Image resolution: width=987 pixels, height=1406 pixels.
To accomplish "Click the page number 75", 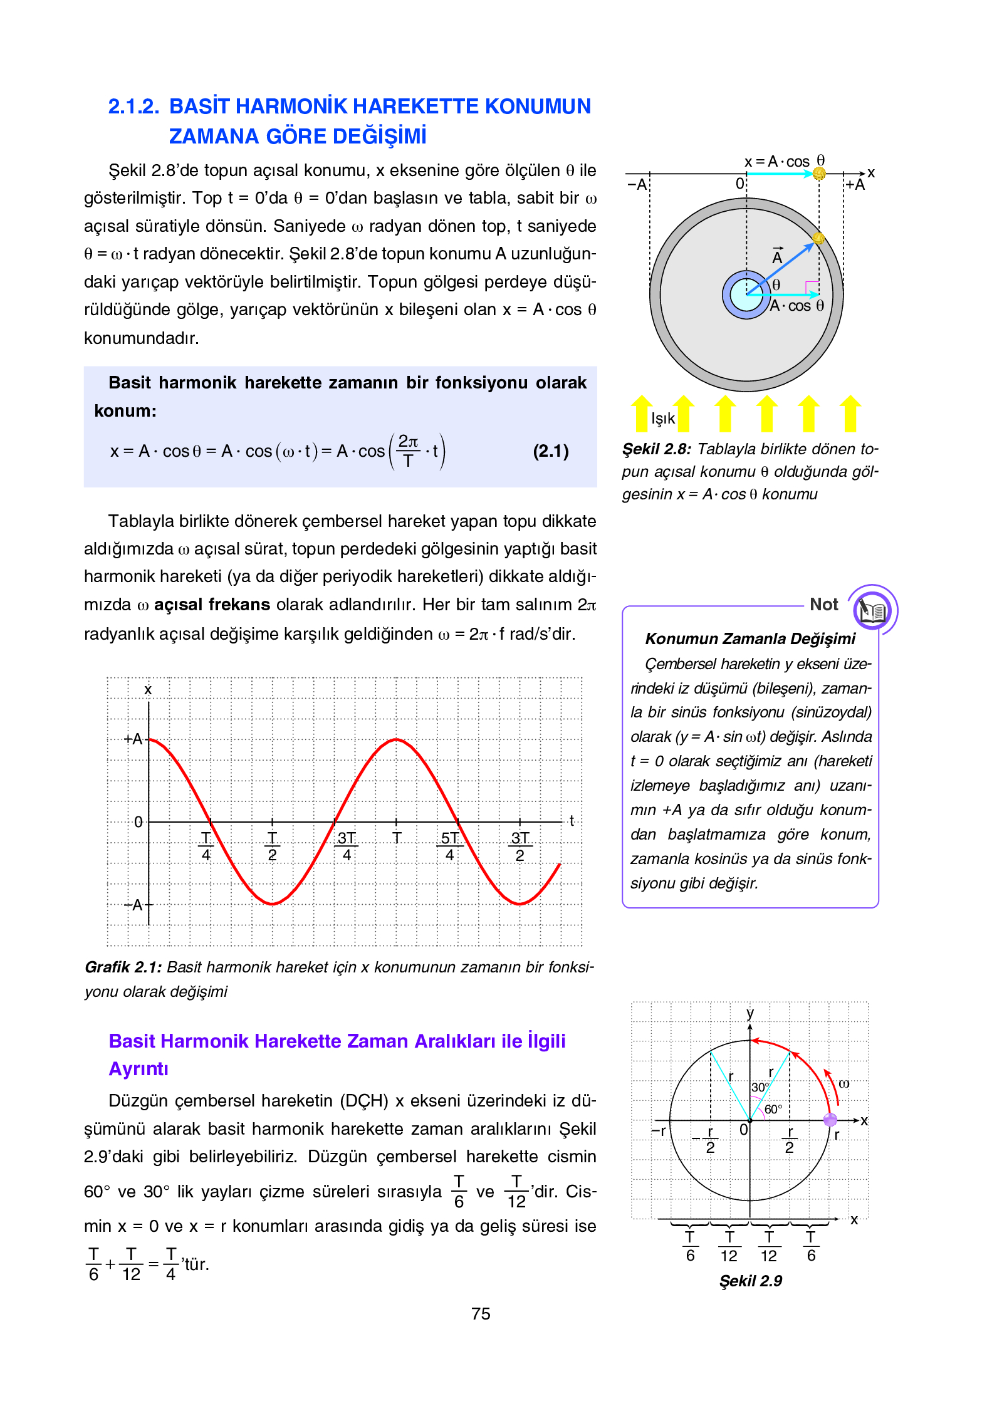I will pos(481,1313).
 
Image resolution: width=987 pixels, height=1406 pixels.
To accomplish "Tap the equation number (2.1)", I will pos(550,451).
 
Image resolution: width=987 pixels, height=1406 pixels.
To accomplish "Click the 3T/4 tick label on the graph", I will pos(347,846).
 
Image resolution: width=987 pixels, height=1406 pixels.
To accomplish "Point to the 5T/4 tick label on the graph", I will pos(449,846).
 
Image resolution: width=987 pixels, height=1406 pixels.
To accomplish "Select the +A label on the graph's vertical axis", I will pos(133,739).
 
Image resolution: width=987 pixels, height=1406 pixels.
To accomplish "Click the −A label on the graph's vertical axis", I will pos(133,905).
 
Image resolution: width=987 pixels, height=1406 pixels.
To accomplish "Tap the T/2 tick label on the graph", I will pos(272,846).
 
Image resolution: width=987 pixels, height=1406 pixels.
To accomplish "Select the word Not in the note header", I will pos(823,605).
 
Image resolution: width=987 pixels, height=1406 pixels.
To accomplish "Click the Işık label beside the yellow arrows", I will pos(662,419).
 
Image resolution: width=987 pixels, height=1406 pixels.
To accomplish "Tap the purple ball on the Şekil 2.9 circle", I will pos(830,1120).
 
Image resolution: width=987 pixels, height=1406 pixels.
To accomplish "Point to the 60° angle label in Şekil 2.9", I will pos(773,1109).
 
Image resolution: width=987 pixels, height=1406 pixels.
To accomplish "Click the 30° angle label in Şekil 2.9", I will pos(760,1088).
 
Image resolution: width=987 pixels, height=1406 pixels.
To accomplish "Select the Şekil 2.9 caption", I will pos(750,1281).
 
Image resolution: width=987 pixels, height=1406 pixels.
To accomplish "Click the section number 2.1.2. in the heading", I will pos(133,107).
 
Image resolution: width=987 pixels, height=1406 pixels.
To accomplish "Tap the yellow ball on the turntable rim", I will pos(818,238).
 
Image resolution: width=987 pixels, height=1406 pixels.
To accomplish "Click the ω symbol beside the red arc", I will pos(844,1083).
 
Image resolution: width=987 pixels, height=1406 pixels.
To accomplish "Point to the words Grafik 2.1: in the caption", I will pos(123,967).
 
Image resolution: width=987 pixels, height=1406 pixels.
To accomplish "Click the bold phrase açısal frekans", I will pos(212,605).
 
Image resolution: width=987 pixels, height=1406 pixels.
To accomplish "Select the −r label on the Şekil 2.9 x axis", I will pos(658,1130).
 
